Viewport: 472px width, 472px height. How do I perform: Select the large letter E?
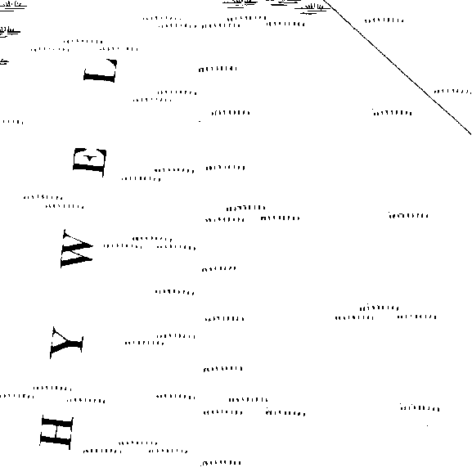(89, 162)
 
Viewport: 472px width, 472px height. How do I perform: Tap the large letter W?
(77, 249)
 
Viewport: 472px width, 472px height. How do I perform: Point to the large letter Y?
(67, 344)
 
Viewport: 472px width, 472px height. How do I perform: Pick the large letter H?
(56, 432)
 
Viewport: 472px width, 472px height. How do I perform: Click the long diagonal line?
(398, 67)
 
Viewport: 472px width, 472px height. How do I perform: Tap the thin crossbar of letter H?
(56, 432)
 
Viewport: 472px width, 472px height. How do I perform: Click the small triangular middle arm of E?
(90, 158)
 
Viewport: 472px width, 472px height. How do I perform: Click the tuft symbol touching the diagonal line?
(312, 8)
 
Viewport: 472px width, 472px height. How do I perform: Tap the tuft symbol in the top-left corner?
(12, 5)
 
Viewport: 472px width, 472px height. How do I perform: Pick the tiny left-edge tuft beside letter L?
(4, 61)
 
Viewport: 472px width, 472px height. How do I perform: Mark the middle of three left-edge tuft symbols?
(10, 31)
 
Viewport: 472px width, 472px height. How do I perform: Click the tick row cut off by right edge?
(452, 91)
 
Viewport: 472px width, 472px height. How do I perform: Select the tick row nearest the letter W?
(123, 246)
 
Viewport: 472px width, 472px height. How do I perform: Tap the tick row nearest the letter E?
(141, 179)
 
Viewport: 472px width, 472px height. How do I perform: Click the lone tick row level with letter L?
(218, 70)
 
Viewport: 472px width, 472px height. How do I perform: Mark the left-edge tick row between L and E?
(12, 122)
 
